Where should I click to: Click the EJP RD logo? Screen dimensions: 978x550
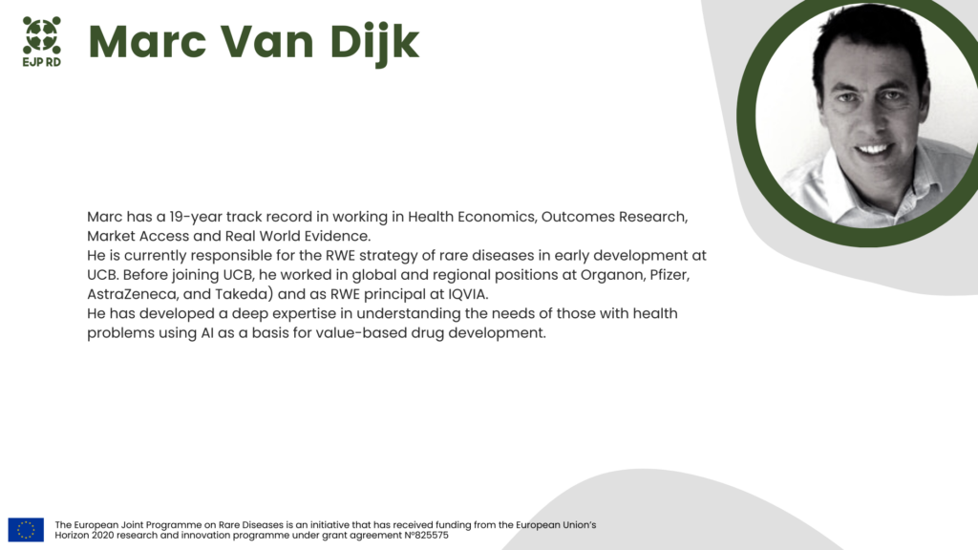pos(42,42)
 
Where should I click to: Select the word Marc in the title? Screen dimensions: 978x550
pos(147,42)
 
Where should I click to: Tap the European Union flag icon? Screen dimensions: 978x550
pos(26,529)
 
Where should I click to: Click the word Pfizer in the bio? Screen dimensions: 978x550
pos(670,275)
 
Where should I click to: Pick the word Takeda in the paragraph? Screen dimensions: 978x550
pos(242,294)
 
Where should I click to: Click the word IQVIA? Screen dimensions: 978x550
pos(468,294)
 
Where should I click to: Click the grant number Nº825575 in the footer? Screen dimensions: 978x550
pos(426,535)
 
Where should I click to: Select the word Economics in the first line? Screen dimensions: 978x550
pos(497,217)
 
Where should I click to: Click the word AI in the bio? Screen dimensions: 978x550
pos(207,333)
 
